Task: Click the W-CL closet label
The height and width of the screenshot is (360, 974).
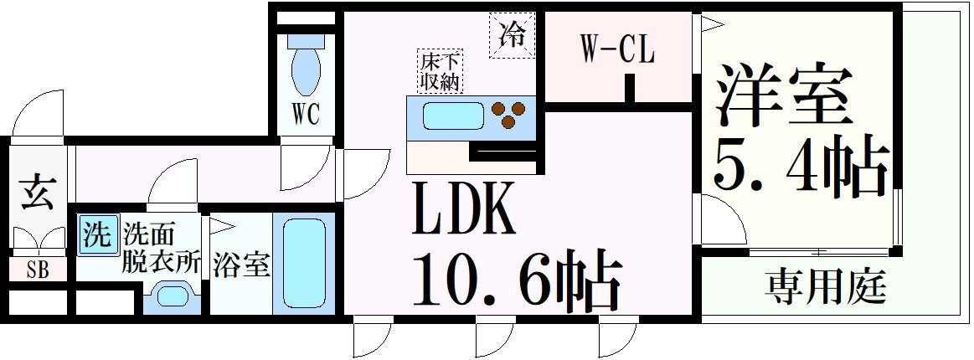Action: pyautogui.click(x=617, y=50)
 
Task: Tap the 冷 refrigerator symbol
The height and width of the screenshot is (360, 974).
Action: pyautogui.click(x=510, y=35)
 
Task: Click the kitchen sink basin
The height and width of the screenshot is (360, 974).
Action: pyautogui.click(x=453, y=116)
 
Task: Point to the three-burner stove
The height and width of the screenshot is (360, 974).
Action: pyautogui.click(x=510, y=115)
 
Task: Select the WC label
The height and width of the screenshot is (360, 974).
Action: pyautogui.click(x=307, y=114)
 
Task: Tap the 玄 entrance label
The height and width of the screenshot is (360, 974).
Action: pyautogui.click(x=38, y=193)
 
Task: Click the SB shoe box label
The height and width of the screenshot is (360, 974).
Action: pyautogui.click(x=38, y=271)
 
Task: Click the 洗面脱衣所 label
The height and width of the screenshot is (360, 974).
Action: pyautogui.click(x=162, y=246)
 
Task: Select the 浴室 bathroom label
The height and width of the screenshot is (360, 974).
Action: pyautogui.click(x=240, y=265)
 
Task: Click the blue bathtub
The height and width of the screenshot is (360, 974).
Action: pyautogui.click(x=303, y=264)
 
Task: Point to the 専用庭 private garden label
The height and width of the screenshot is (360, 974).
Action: pyautogui.click(x=825, y=288)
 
